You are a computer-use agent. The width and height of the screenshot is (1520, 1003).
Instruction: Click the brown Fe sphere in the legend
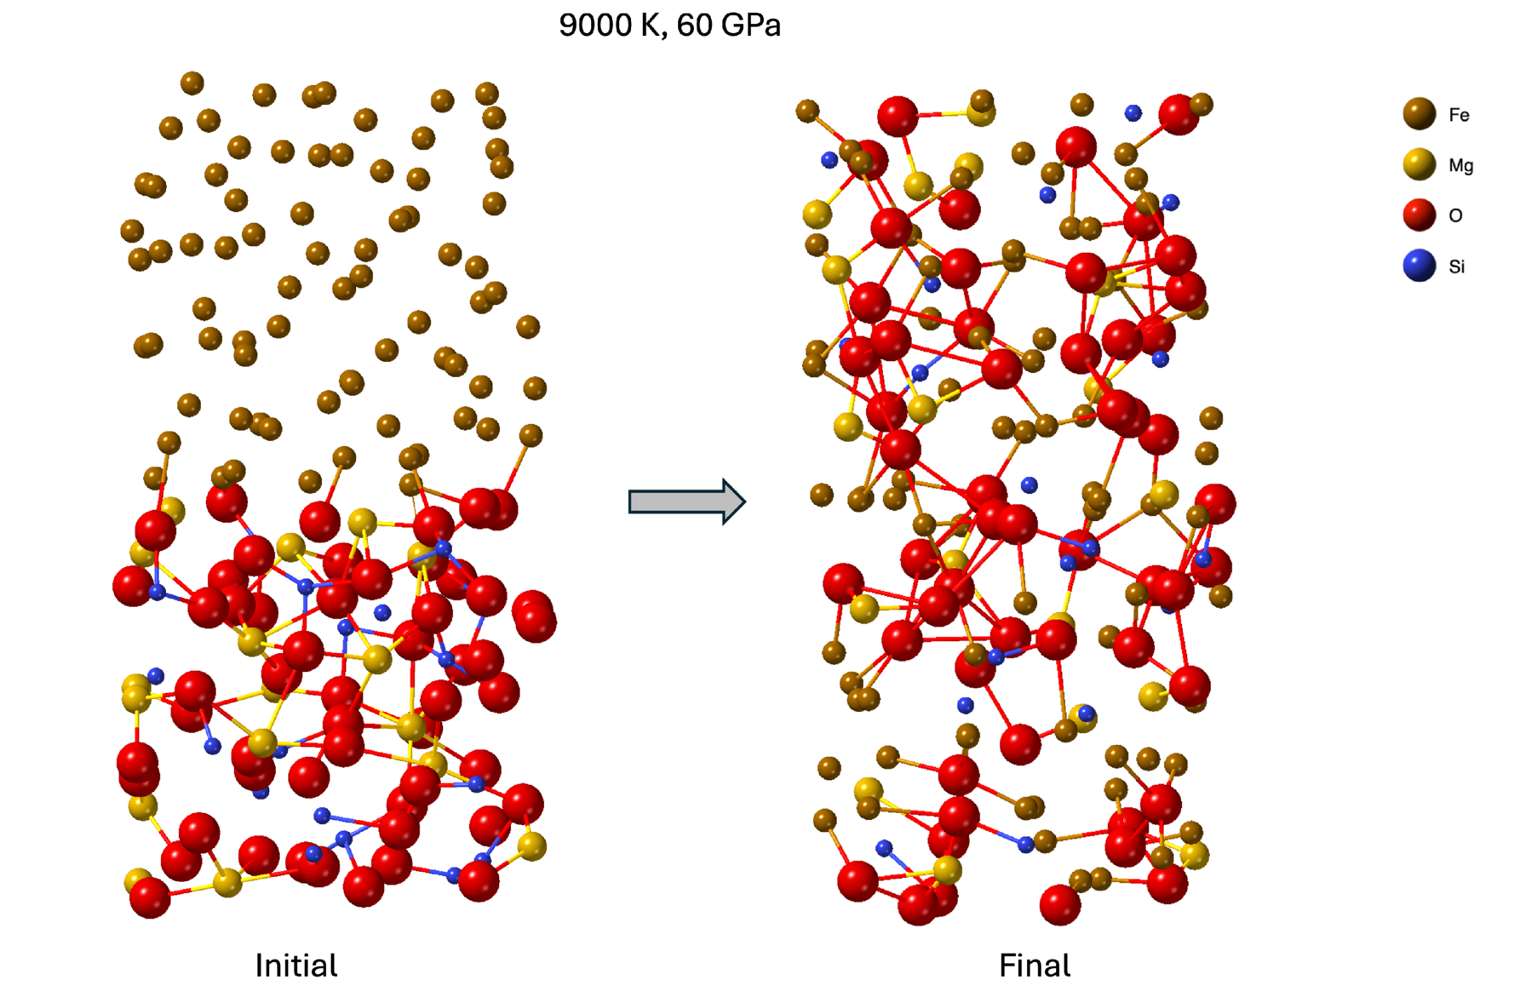pos(1419,114)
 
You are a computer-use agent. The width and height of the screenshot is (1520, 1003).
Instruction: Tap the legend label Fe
pos(1459,115)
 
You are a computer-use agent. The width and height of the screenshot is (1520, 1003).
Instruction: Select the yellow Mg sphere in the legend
pos(1419,164)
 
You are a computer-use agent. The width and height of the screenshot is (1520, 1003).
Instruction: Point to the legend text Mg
pos(1460,165)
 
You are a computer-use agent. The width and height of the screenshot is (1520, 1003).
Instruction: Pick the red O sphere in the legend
pos(1419,215)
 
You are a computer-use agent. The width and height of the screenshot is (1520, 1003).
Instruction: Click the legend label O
pos(1455,215)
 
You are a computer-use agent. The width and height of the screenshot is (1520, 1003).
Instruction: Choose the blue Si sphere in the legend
pos(1419,265)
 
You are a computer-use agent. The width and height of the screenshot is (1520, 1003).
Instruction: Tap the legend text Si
pos(1457,267)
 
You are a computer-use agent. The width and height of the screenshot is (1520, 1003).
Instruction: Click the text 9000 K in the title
pos(609,26)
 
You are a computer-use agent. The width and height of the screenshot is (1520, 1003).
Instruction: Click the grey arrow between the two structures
pos(686,501)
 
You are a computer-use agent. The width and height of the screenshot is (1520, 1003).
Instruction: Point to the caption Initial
pos(295,966)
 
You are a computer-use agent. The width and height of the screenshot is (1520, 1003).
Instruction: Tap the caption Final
pos(1034,966)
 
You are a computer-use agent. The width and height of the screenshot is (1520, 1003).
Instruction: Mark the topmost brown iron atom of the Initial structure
pos(192,83)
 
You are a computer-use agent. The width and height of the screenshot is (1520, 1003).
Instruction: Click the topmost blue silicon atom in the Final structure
pos(1133,112)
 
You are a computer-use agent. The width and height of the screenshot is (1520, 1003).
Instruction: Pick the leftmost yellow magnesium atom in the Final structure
pos(817,214)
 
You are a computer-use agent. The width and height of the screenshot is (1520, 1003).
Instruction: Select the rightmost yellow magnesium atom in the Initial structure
pos(531,846)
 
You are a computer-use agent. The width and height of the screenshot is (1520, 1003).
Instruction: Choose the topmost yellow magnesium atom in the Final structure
pos(981,112)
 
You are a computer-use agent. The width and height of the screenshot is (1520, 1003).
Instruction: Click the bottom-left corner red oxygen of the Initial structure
pos(150,897)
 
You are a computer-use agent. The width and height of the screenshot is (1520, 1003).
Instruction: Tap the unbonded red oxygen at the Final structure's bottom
pos(1060,904)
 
